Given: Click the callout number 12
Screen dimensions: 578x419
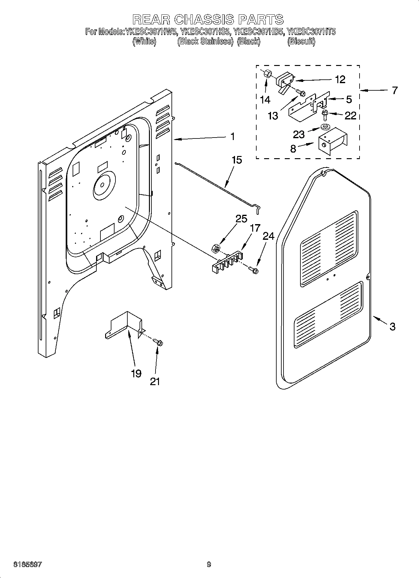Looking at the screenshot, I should click(340, 79).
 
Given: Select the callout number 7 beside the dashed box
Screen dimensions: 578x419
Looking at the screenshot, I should click(395, 91).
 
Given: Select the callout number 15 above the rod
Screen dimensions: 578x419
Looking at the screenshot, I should click(237, 160).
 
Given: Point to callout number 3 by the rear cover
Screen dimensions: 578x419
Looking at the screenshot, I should click(392, 327).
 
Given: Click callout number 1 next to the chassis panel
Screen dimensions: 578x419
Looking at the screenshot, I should click(232, 136).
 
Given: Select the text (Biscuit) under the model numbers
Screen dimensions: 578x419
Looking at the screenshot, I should click(301, 42).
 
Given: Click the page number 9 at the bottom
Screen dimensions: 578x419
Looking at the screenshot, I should click(209, 565).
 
